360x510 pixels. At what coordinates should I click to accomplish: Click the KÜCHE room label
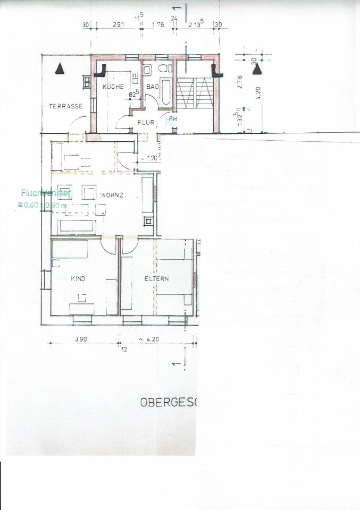(113, 87)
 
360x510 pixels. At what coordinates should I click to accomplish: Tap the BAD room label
(153, 87)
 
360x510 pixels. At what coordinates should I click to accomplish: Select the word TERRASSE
(65, 106)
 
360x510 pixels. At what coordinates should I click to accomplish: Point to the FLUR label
(145, 122)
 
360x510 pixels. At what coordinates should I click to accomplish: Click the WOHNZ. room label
(113, 196)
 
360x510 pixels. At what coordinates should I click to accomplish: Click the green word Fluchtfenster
(43, 193)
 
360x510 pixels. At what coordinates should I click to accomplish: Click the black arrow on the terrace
(60, 69)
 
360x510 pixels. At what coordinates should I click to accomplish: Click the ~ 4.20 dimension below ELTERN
(150, 339)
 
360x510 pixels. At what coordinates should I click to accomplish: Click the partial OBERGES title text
(168, 402)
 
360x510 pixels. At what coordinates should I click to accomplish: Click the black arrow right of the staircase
(257, 69)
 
